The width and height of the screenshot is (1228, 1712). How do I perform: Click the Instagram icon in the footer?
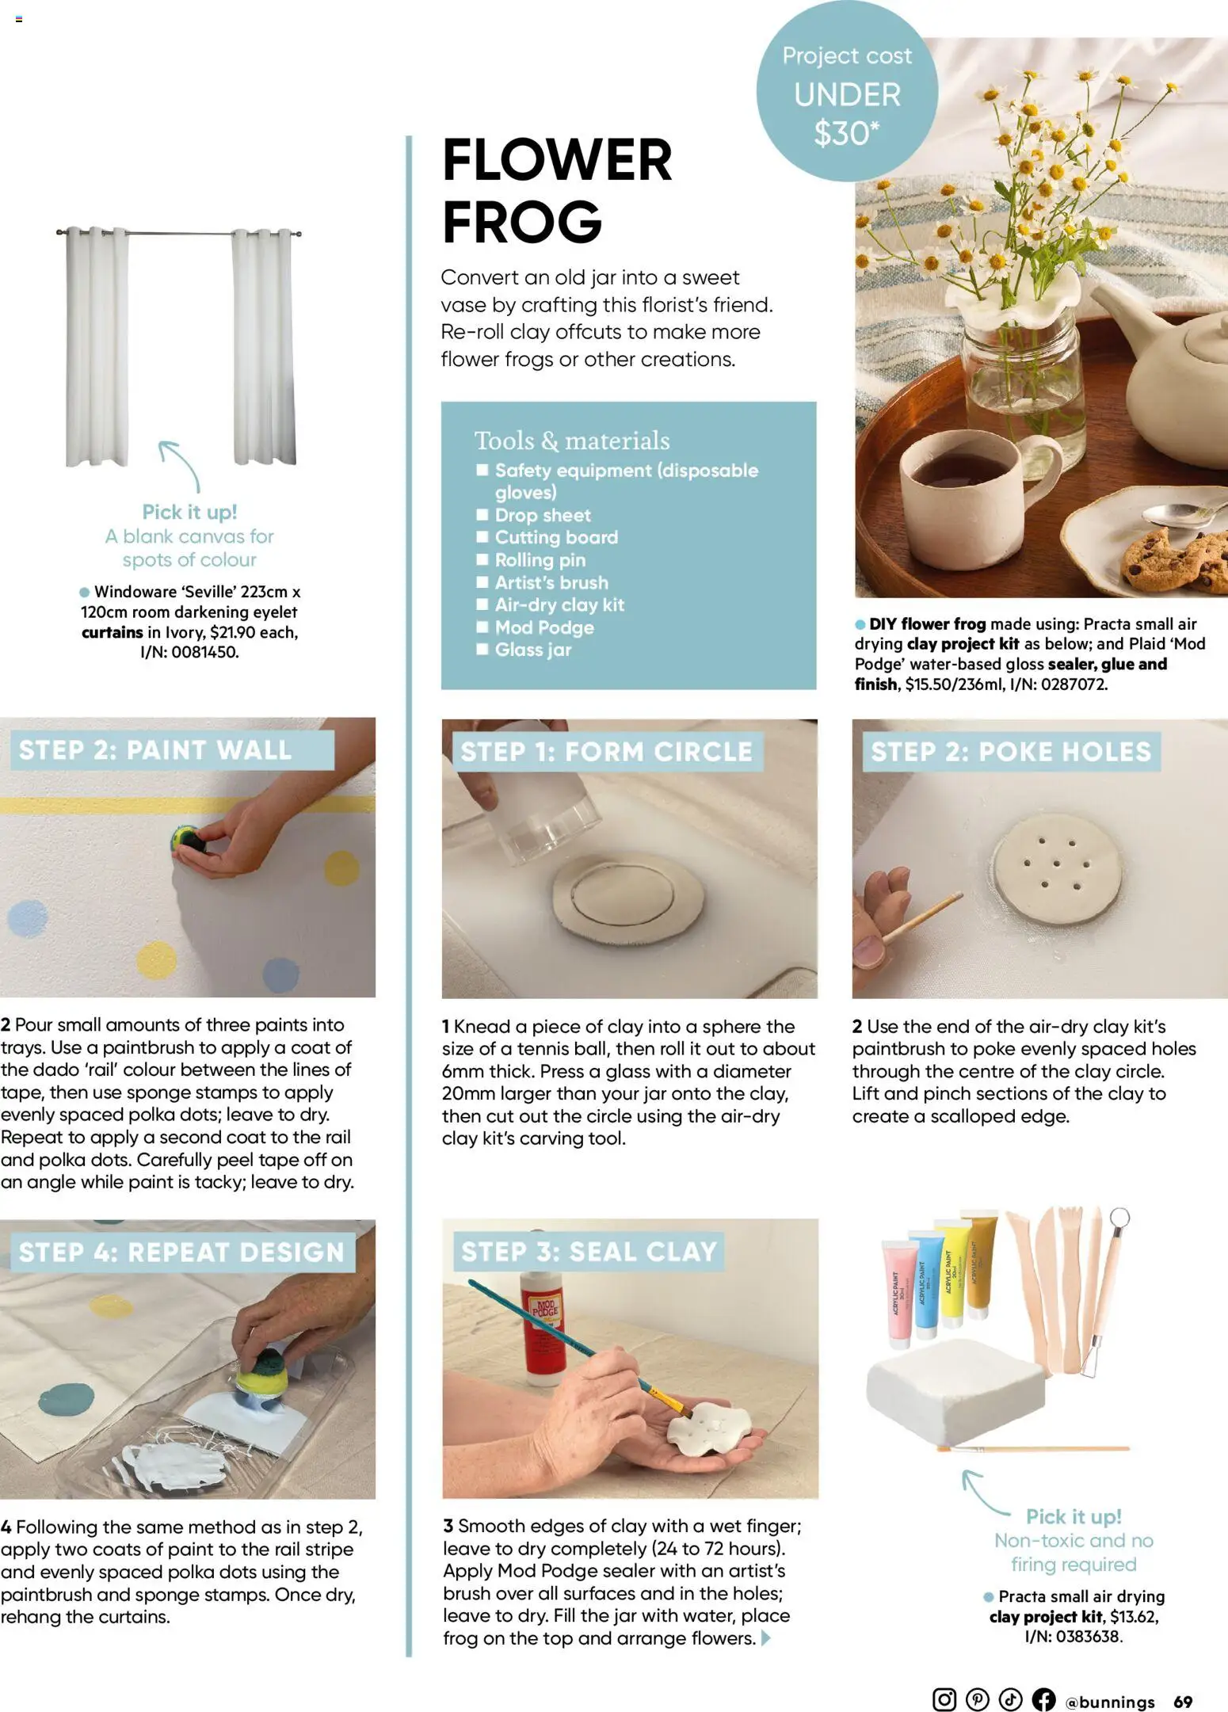coord(944,1699)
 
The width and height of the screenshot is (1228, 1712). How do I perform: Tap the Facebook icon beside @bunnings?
coord(1043,1699)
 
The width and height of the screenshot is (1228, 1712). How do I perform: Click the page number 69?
coord(1183,1702)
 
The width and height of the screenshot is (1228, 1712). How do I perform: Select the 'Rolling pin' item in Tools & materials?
coord(540,560)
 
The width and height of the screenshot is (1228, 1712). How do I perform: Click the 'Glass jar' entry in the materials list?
coord(532,650)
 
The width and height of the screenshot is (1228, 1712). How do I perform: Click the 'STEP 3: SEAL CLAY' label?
coord(588,1252)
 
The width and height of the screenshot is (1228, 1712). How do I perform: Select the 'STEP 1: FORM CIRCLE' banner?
coord(606,751)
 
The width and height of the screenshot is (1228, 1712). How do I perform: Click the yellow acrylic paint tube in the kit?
coord(951,1272)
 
